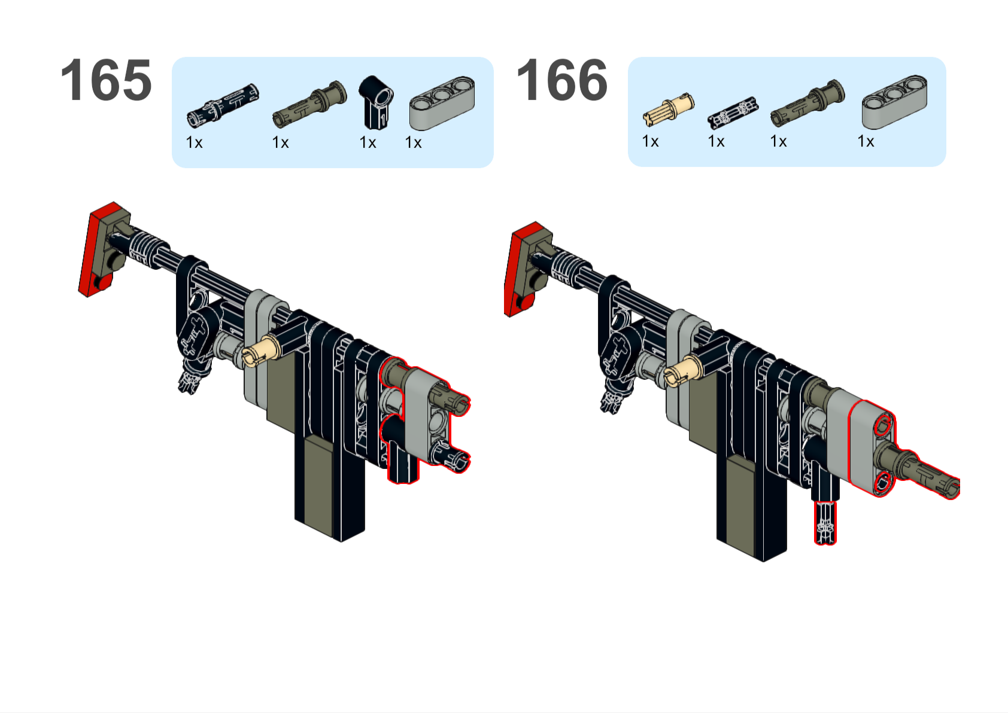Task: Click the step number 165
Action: (x=106, y=80)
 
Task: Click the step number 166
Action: (x=563, y=80)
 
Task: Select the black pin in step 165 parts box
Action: (x=223, y=106)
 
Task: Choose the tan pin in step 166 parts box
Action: (x=669, y=109)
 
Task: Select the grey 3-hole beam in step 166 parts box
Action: (x=895, y=102)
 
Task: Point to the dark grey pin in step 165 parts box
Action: (x=309, y=104)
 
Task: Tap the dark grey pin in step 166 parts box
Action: (x=807, y=103)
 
